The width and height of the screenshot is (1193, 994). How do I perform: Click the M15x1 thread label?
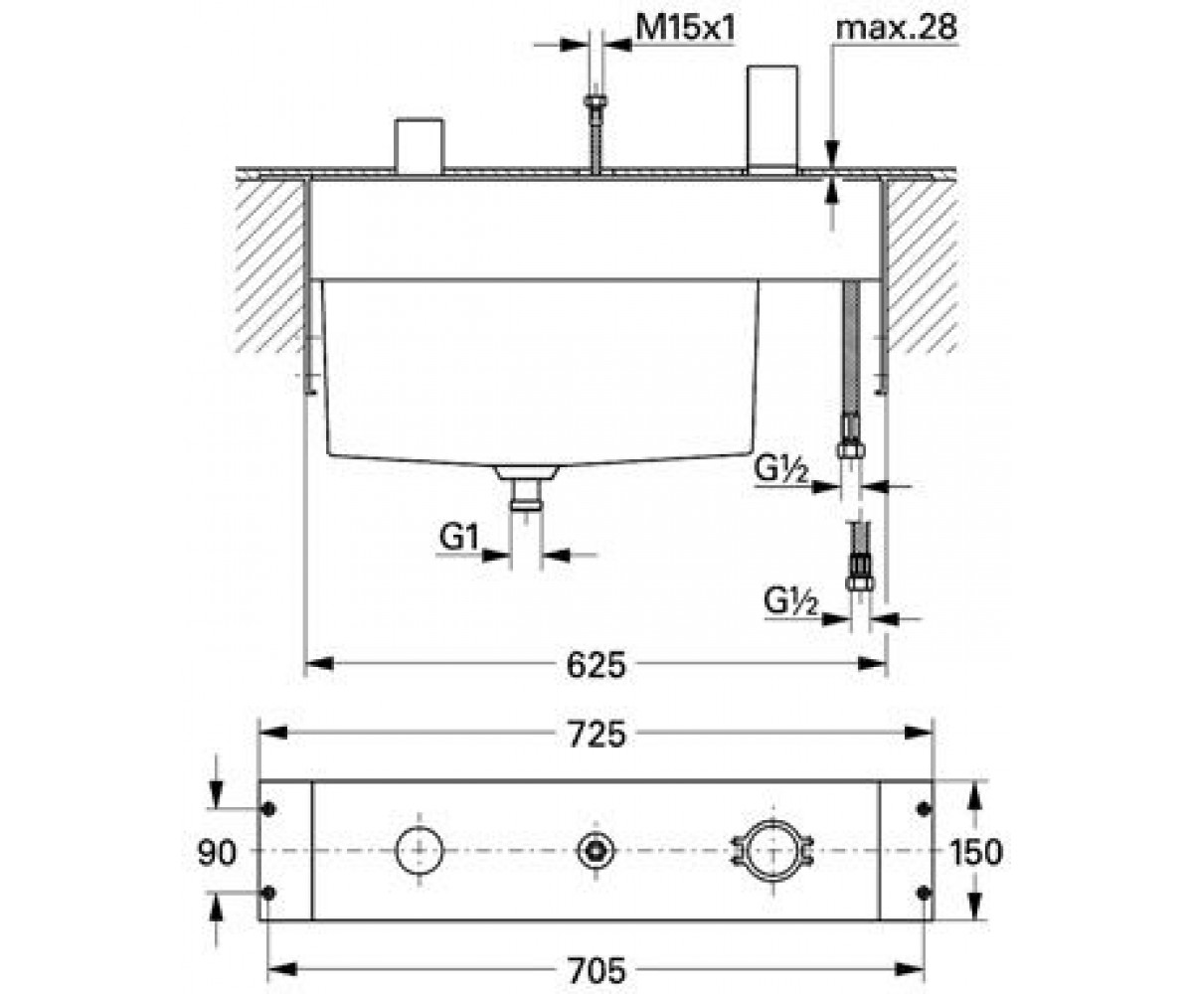point(685,27)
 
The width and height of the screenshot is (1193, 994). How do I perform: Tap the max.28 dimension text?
point(896,27)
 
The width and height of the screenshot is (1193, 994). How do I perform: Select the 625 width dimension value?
point(596,664)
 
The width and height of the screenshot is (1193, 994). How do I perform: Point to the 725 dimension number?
point(596,735)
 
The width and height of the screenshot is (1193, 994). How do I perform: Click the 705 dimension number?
point(596,970)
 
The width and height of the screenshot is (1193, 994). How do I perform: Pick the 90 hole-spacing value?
point(216,853)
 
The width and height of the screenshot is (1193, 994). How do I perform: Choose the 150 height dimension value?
point(976,852)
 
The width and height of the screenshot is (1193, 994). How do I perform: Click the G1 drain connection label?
point(458,537)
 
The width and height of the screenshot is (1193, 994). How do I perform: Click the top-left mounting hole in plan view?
point(269,809)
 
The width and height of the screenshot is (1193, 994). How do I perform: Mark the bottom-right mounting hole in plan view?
point(924,893)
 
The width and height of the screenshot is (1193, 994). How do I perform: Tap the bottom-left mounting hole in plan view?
point(269,893)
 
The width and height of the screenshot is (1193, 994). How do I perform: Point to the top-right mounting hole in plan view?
point(924,809)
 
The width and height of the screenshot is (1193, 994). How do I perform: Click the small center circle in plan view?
point(596,851)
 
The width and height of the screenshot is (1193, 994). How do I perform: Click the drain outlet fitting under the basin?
point(526,487)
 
